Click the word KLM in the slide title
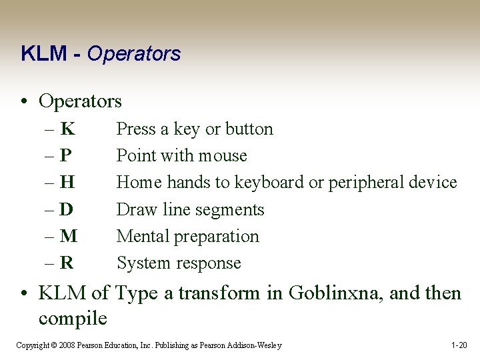click(43, 54)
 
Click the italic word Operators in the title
click(133, 54)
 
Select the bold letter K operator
click(67, 129)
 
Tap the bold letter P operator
click(65, 155)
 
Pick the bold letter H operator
click(67, 182)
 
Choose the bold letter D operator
click(67, 209)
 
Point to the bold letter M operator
click(68, 236)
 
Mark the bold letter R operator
click(67, 263)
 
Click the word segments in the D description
click(233, 209)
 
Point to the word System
click(142, 263)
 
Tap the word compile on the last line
click(73, 318)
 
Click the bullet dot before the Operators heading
click(24, 102)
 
